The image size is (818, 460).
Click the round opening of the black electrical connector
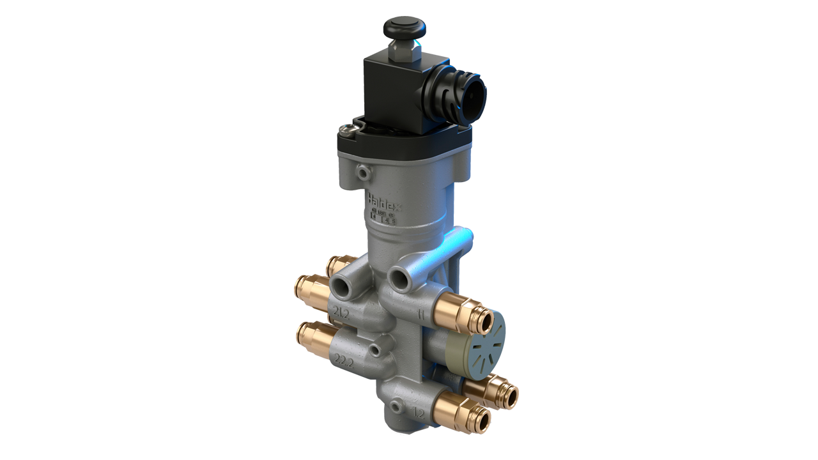474,99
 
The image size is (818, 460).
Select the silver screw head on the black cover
346,130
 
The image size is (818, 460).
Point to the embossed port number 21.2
341,312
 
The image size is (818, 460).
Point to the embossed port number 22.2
344,361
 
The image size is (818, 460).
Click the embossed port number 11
422,314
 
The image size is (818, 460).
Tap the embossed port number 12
419,413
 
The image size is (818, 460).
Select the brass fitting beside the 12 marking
461,412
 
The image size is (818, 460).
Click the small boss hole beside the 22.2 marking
373,349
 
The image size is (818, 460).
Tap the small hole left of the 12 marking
397,405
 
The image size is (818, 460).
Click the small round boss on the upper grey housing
363,172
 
